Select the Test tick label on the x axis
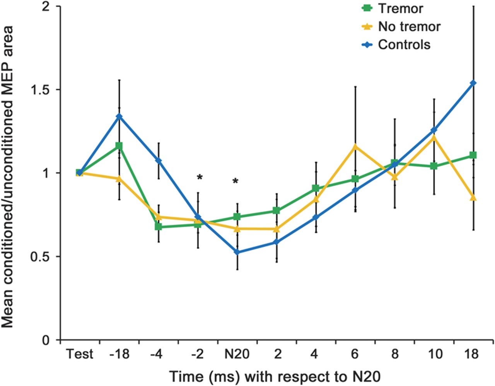click(x=79, y=354)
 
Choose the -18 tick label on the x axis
click(x=119, y=354)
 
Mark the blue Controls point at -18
click(x=119, y=116)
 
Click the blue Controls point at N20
click(x=237, y=252)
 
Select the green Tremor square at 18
click(x=473, y=155)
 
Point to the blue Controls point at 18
click(x=473, y=83)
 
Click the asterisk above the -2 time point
click(x=200, y=178)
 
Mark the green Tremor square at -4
click(x=158, y=226)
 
